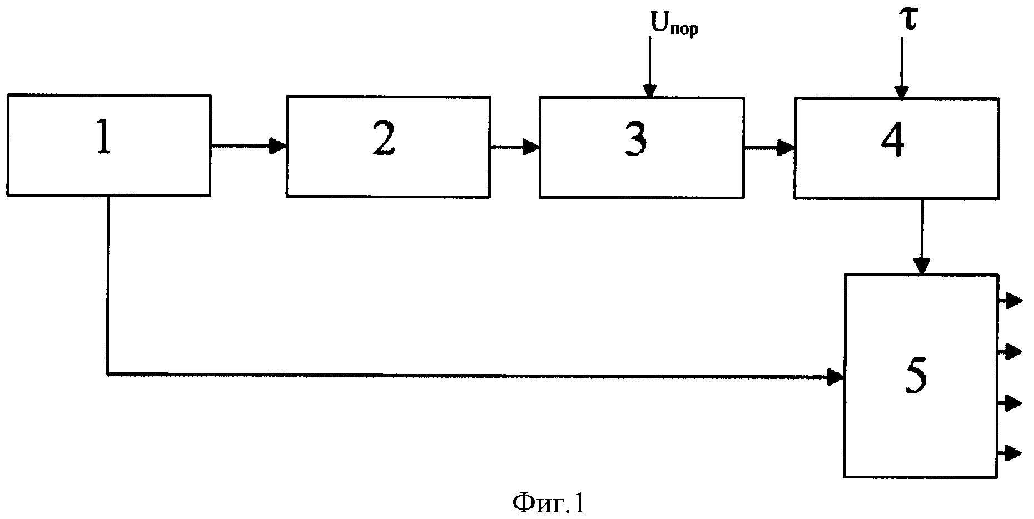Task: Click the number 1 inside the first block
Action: click(104, 139)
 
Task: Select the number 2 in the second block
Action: click(384, 139)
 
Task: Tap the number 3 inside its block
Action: click(635, 140)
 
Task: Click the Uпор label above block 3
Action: click(674, 25)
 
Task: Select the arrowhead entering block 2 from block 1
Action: click(277, 146)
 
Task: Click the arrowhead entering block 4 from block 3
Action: click(786, 148)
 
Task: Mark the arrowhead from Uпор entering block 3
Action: click(649, 91)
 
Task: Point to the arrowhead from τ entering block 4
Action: click(901, 92)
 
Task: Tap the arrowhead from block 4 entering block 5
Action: click(922, 266)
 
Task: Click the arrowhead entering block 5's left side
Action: click(835, 377)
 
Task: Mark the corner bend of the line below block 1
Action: click(107, 375)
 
